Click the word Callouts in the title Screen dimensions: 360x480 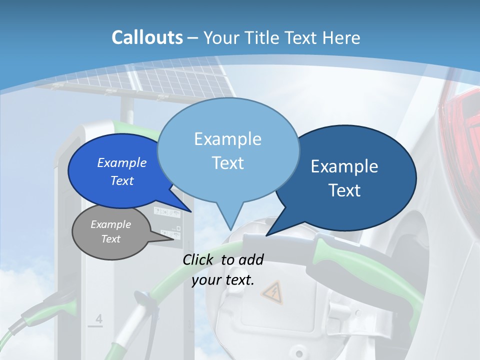147,37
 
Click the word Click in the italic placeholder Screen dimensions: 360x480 199,259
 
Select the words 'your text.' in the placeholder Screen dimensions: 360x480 223,280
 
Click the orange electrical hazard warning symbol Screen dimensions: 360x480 272,293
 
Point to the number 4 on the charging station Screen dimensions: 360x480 98,318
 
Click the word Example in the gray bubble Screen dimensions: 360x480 110,224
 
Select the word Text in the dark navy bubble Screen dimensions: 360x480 344,190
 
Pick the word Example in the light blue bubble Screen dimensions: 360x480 227,139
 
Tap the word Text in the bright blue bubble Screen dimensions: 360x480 122,180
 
